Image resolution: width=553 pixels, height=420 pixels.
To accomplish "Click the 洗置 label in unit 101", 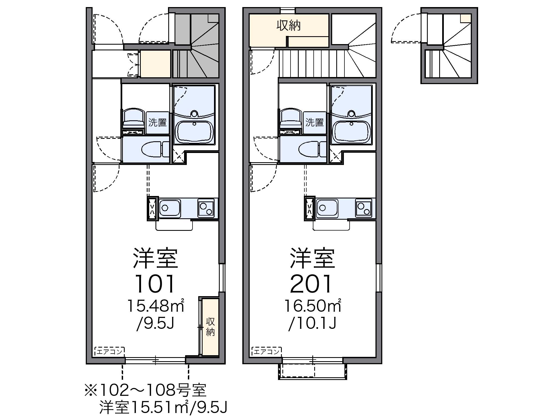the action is (x=157, y=122).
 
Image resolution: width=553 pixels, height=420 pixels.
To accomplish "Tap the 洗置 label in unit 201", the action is (x=314, y=122).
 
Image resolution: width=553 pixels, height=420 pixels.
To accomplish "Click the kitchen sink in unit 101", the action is (x=169, y=208).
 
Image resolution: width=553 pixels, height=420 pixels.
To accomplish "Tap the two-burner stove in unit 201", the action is (x=364, y=208).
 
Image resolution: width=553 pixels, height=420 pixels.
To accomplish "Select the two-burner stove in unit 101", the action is (x=206, y=208).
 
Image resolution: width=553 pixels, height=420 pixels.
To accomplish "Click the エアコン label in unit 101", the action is (x=110, y=351).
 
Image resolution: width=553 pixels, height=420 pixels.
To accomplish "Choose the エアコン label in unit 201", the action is (x=267, y=351).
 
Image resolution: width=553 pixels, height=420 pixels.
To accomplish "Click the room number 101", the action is (x=155, y=284).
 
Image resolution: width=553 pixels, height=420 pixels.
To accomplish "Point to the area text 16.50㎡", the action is (x=313, y=306).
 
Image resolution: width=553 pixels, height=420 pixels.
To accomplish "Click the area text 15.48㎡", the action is (x=156, y=306).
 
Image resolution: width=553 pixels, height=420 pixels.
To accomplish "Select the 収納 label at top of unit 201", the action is (x=289, y=26).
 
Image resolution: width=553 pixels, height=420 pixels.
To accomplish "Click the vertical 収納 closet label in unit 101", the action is (x=210, y=327).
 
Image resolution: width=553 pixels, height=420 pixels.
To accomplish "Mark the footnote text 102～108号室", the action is (x=145, y=390).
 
